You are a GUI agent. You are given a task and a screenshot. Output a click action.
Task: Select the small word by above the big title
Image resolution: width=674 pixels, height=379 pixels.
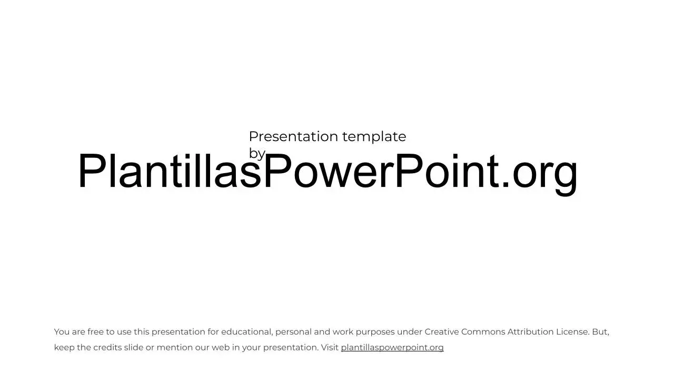pos(257,154)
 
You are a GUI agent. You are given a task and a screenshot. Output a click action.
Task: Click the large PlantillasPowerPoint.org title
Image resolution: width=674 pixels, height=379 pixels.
pos(328,172)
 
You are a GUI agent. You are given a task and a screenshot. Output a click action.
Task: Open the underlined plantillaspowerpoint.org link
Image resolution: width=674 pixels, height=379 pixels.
pos(392,347)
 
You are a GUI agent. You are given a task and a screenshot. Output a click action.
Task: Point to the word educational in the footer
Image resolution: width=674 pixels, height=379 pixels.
pos(247,332)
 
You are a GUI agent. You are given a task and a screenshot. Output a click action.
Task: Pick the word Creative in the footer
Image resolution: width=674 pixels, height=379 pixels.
pos(442,332)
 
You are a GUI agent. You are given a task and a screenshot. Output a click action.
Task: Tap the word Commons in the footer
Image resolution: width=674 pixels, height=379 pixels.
pos(483,332)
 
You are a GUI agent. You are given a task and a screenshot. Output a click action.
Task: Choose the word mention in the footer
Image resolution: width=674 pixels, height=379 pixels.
pos(174,347)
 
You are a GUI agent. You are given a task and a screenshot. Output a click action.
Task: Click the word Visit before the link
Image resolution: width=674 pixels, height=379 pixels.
pos(330,347)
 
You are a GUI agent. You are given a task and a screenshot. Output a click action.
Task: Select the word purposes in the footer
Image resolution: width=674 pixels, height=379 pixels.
pos(375,332)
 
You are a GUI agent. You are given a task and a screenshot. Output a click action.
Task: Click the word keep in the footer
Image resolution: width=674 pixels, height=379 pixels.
pos(64,348)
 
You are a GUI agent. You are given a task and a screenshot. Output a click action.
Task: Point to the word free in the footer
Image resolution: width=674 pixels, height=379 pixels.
pos(95,332)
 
